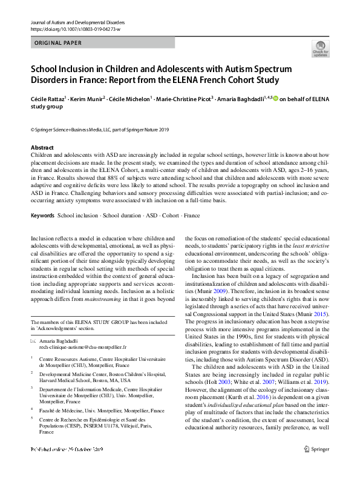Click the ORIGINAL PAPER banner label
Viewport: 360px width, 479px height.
click(59, 43)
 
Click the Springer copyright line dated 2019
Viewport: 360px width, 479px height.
click(91, 130)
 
